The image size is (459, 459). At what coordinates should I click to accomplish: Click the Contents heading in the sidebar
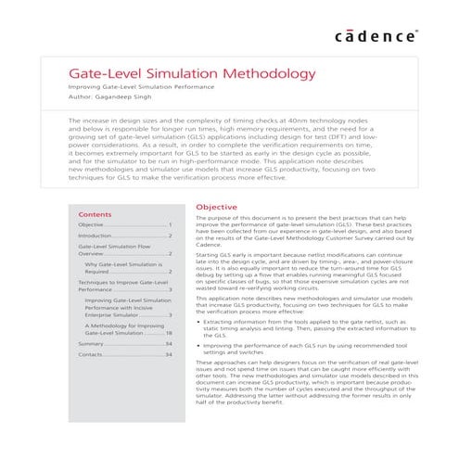[x=95, y=213]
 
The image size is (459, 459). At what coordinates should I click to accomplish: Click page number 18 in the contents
[x=169, y=332]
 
